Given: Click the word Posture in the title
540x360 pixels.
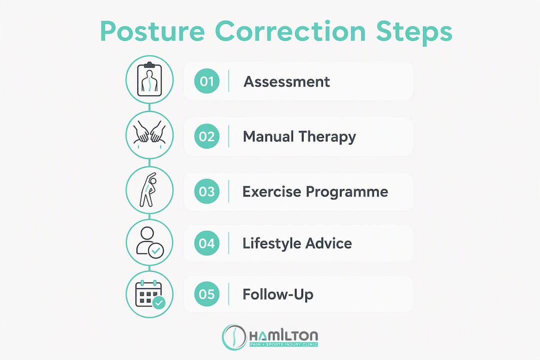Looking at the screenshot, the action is pyautogui.click(x=152, y=31).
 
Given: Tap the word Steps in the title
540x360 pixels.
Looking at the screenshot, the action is pyautogui.click(x=414, y=31).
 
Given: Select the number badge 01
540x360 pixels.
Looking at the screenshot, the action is pyautogui.click(x=206, y=81).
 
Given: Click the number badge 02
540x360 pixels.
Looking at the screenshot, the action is pyautogui.click(x=206, y=136).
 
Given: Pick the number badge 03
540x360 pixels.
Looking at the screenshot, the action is pyautogui.click(x=206, y=191).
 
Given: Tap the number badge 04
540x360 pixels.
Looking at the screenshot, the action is pyautogui.click(x=206, y=243).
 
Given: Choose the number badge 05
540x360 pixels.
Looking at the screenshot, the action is pyautogui.click(x=206, y=294).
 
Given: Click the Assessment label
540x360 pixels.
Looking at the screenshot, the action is pyautogui.click(x=287, y=81).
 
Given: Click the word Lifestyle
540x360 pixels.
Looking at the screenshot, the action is pyautogui.click(x=268, y=243).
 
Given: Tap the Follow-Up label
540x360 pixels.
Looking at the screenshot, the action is pyautogui.click(x=278, y=294).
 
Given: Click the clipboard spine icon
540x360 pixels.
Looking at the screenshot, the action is pyautogui.click(x=149, y=79).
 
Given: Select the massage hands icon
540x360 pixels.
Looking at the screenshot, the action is pyautogui.click(x=149, y=133).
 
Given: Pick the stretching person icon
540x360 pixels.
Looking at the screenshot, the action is pyautogui.click(x=148, y=189).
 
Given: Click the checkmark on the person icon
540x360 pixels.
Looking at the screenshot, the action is pyautogui.click(x=156, y=250).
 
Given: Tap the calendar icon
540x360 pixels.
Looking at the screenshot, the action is pyautogui.click(x=150, y=294).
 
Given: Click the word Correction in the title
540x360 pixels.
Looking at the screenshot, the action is pyautogui.click(x=290, y=31).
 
